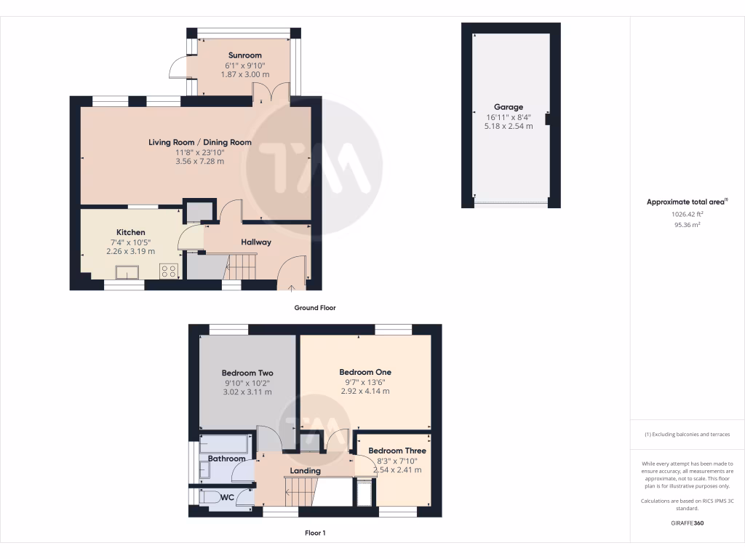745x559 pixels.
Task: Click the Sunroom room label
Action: (x=244, y=55)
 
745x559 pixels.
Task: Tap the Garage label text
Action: (x=509, y=107)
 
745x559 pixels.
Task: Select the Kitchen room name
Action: (x=130, y=232)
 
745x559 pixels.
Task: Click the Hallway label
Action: (x=256, y=242)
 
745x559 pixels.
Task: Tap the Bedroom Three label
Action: (x=397, y=451)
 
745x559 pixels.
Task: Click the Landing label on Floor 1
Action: (x=305, y=471)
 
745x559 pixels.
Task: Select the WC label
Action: (x=226, y=498)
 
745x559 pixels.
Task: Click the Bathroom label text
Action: (x=226, y=459)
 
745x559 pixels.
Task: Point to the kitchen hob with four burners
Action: (x=169, y=271)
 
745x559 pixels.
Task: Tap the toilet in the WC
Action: (x=210, y=498)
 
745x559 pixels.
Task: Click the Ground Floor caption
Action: (x=314, y=308)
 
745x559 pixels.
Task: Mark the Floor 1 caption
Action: (x=314, y=533)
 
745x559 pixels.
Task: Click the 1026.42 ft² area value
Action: (x=687, y=215)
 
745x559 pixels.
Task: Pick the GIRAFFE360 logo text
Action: (x=687, y=523)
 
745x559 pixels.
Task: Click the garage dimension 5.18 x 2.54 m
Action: (x=509, y=126)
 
